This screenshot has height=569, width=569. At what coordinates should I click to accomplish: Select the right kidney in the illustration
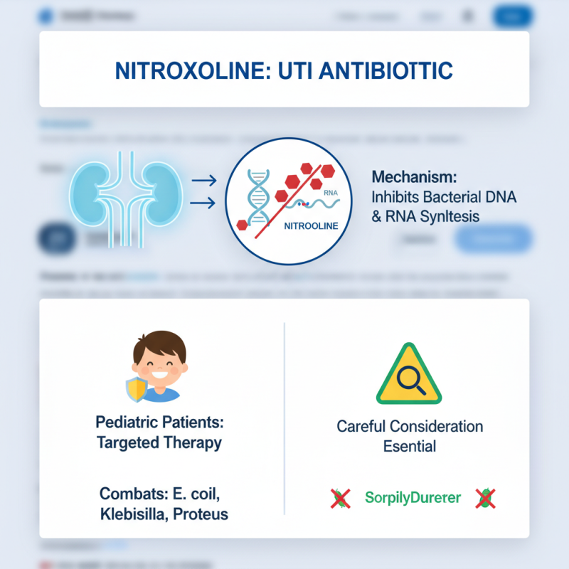click(156, 191)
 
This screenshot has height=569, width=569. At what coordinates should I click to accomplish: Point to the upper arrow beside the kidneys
click(205, 181)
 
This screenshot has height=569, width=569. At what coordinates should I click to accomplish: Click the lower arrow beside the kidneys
click(205, 204)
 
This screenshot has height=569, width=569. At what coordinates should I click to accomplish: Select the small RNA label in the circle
click(331, 193)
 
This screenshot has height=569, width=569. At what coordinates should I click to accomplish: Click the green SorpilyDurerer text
click(413, 498)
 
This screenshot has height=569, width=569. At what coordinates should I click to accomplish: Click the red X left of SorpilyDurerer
click(341, 498)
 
